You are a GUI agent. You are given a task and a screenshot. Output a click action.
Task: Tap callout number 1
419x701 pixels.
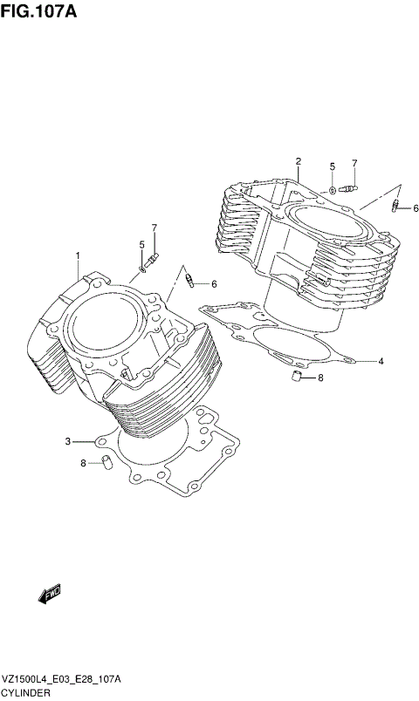point(77,255)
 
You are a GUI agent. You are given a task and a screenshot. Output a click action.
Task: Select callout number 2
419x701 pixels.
point(298,161)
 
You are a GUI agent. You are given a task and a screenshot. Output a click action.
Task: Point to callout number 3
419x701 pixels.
point(66,442)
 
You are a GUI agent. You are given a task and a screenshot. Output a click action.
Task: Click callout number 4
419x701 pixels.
point(381,359)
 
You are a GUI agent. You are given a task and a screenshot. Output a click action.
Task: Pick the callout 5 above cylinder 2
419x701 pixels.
point(332,166)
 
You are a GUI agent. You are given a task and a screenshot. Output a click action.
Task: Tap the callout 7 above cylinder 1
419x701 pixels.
point(154,228)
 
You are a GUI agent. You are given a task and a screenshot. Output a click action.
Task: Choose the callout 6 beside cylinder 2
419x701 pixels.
point(416,208)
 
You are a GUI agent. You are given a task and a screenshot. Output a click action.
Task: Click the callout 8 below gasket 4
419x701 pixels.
point(320,378)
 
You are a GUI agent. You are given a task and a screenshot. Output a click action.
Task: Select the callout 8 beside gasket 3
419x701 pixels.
point(84,463)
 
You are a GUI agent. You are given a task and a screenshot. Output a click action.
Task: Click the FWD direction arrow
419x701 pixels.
point(49,594)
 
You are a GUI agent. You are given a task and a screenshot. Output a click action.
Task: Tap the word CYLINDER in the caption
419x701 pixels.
point(26,692)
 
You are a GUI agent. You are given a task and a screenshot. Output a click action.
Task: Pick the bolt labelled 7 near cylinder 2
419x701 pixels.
point(350,186)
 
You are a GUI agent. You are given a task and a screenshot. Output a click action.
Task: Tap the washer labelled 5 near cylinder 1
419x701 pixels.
point(141,272)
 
